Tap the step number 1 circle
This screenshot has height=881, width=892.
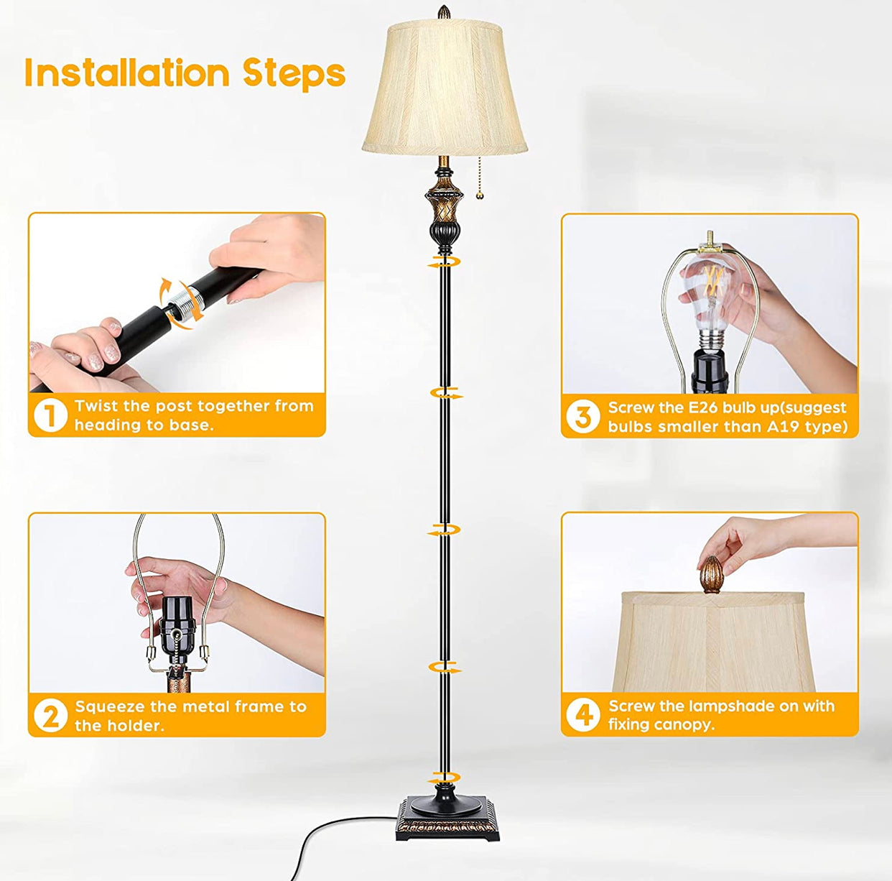pos(50,415)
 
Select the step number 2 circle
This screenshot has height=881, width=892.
pos(50,716)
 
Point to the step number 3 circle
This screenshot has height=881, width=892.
pos(582,417)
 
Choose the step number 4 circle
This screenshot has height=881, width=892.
pos(582,715)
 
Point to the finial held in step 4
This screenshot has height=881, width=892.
pos(710,573)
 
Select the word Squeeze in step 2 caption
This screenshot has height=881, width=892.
pos(110,707)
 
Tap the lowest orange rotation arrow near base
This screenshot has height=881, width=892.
pos(444,778)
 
